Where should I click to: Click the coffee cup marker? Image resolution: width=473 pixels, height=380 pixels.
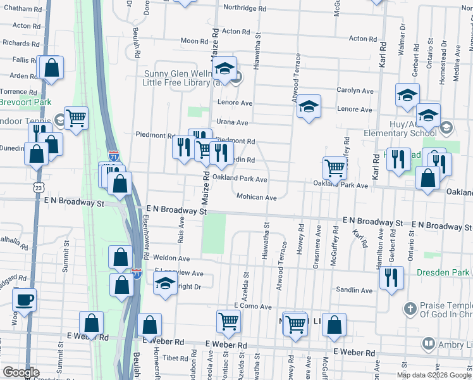coord(24,300)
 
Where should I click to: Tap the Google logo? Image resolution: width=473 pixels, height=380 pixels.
coord(21,372)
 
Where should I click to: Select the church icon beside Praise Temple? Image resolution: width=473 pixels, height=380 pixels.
coord(410,309)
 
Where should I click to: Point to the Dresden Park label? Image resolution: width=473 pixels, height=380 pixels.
coord(443,272)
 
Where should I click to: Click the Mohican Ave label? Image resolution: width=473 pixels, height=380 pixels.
coord(257,198)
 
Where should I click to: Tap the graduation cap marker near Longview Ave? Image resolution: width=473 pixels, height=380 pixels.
coord(165,282)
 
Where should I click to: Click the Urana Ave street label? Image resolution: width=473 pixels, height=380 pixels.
coord(232,122)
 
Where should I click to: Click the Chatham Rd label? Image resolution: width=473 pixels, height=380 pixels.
coord(17,8)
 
